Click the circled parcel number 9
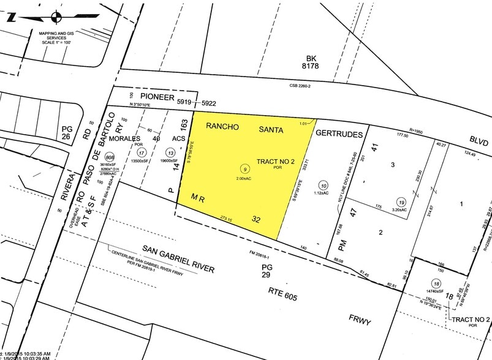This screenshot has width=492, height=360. (245, 168)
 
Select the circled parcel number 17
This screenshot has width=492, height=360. (142, 152)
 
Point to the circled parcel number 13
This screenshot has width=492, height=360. (162, 152)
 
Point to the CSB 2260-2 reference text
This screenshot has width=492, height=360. (300, 86)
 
